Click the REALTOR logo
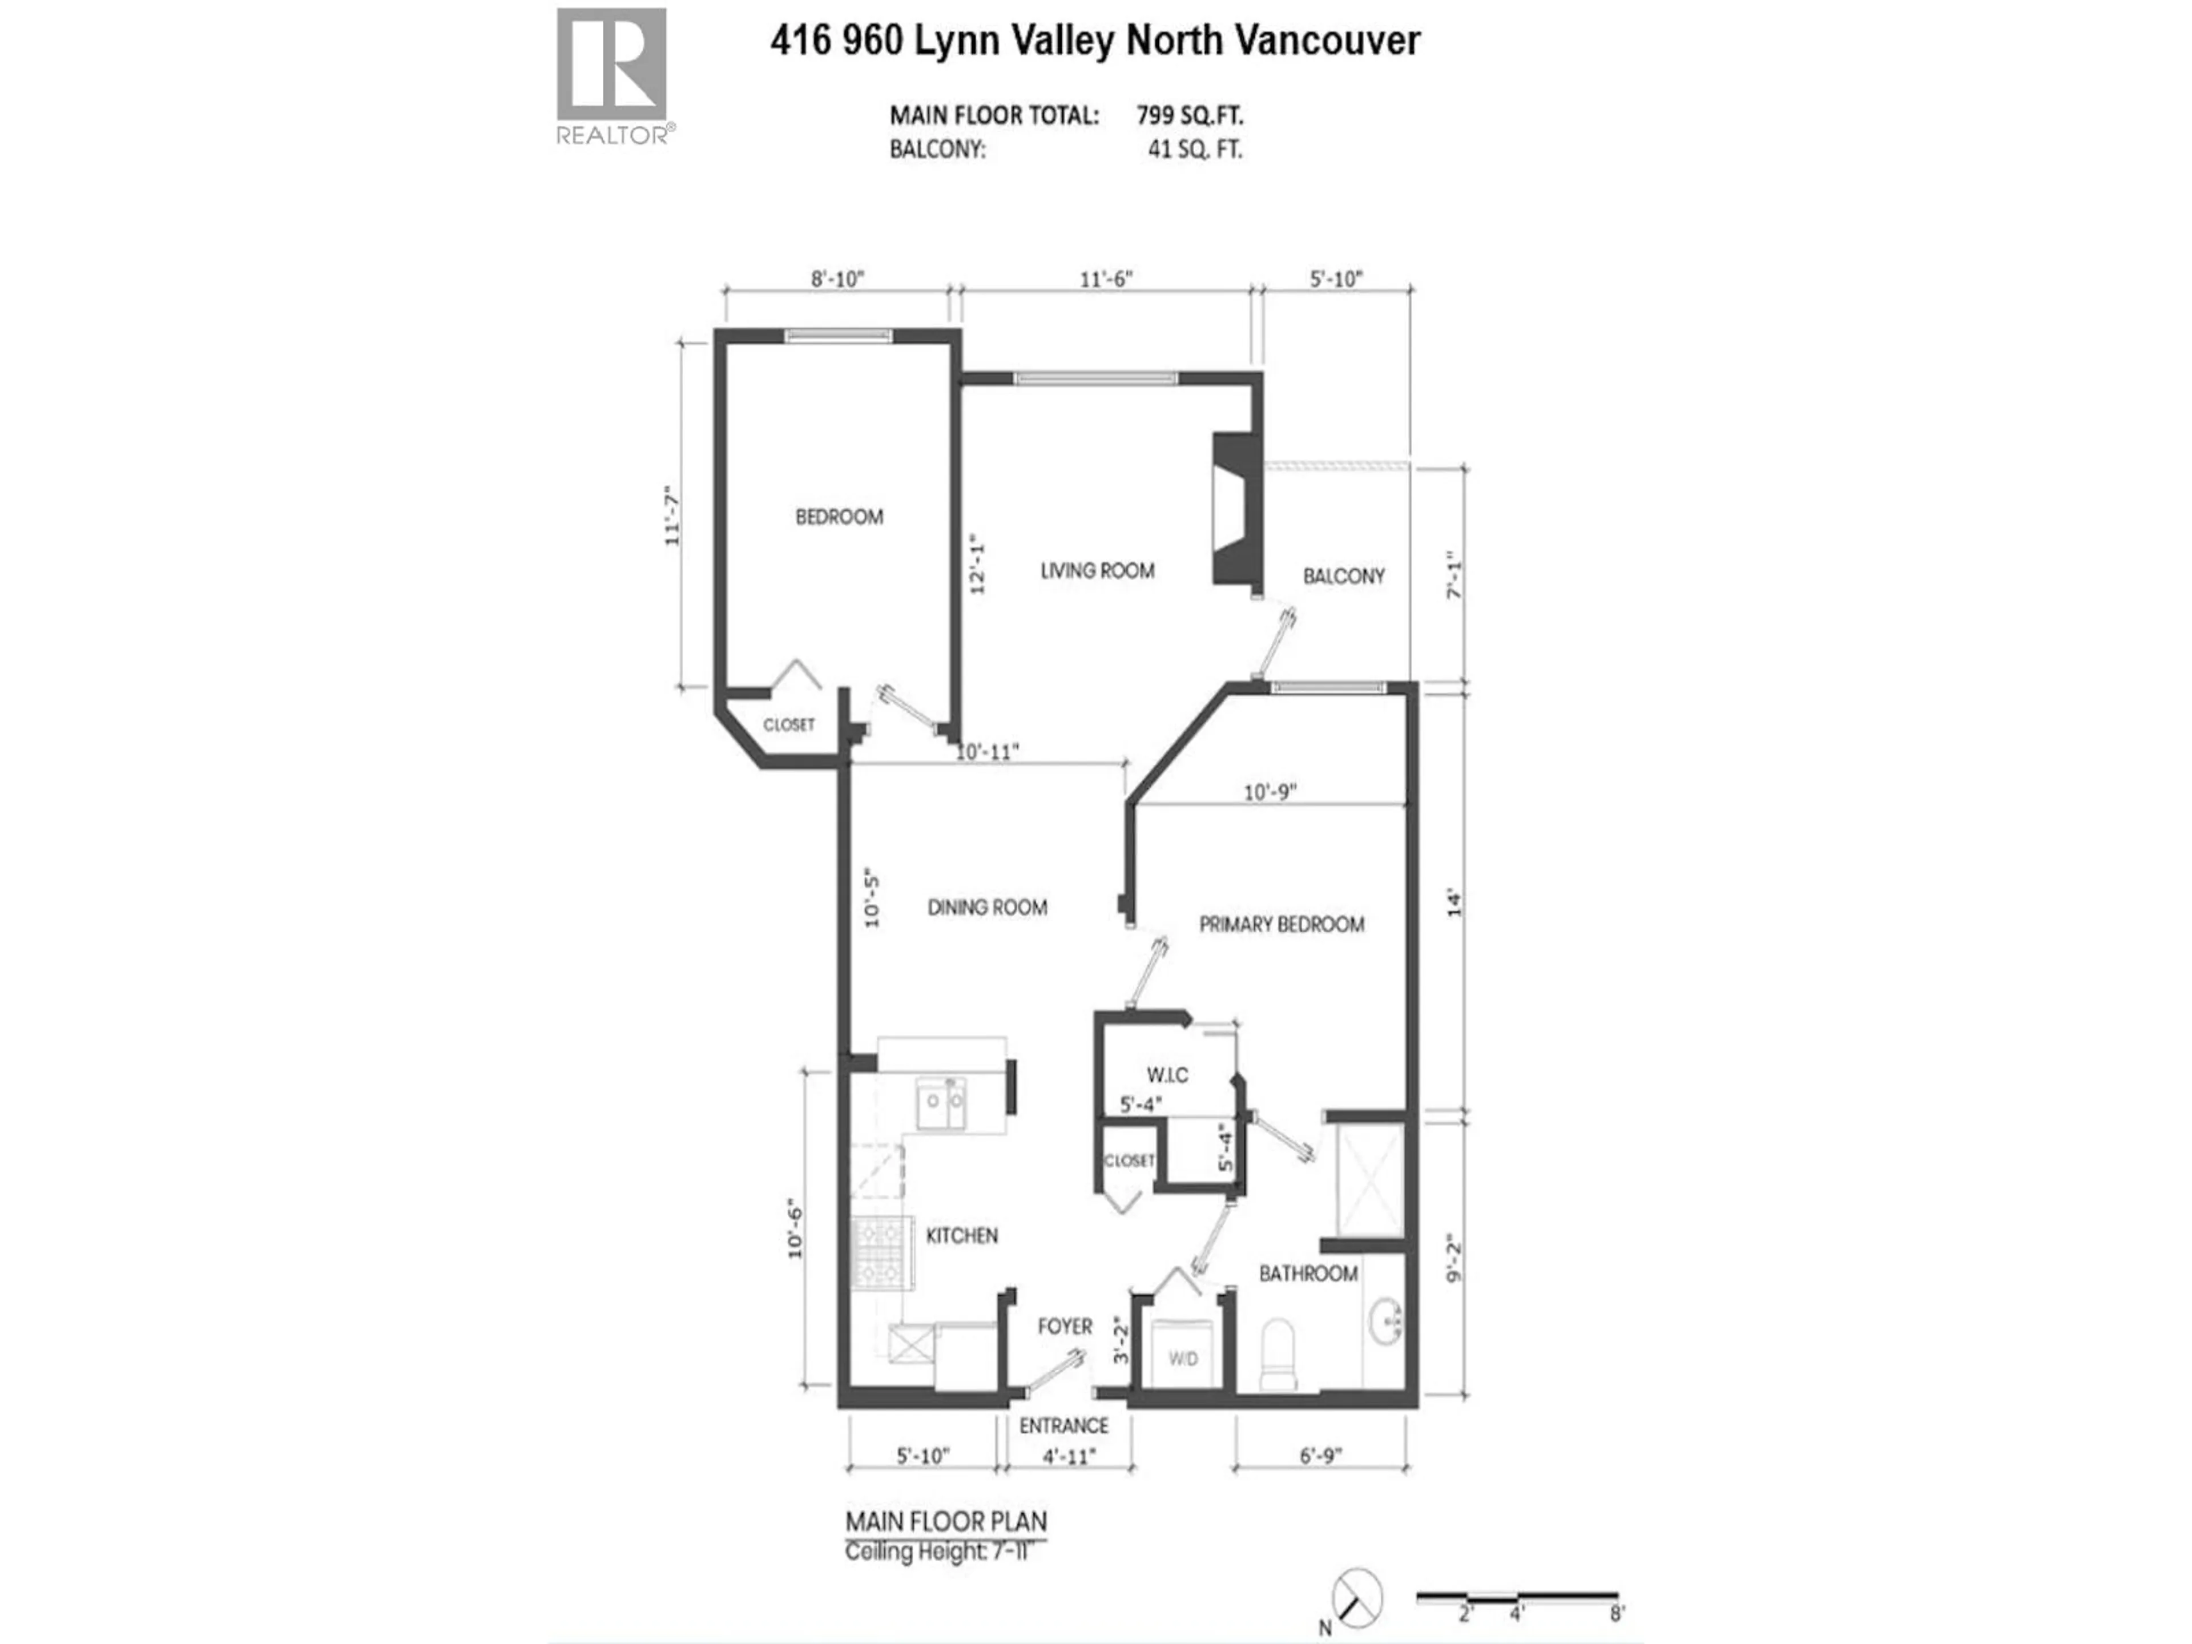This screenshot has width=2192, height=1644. (611, 74)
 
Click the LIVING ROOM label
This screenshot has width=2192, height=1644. (1097, 571)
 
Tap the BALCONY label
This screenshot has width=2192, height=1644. (1343, 577)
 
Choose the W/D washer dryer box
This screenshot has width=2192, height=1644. (1182, 1357)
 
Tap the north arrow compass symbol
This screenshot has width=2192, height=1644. (1357, 1597)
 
